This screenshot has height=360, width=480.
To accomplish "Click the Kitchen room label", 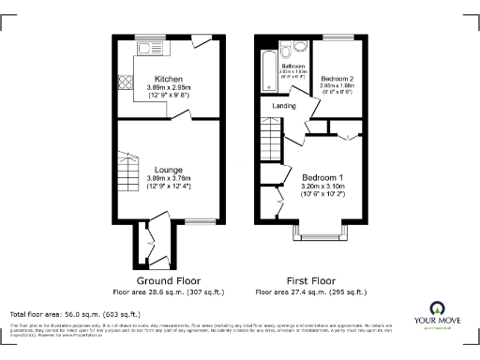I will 169,79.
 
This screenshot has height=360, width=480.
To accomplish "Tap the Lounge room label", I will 169,170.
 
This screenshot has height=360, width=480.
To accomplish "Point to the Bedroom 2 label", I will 337,78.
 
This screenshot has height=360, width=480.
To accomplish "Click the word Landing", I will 285,106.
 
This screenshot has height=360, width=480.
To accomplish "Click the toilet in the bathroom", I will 301,47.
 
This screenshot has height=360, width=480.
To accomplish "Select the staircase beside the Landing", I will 269,146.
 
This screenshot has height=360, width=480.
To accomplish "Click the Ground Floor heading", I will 169,280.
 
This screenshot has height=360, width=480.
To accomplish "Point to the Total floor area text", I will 75,313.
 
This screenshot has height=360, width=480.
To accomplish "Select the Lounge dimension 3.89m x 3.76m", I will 169,178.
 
